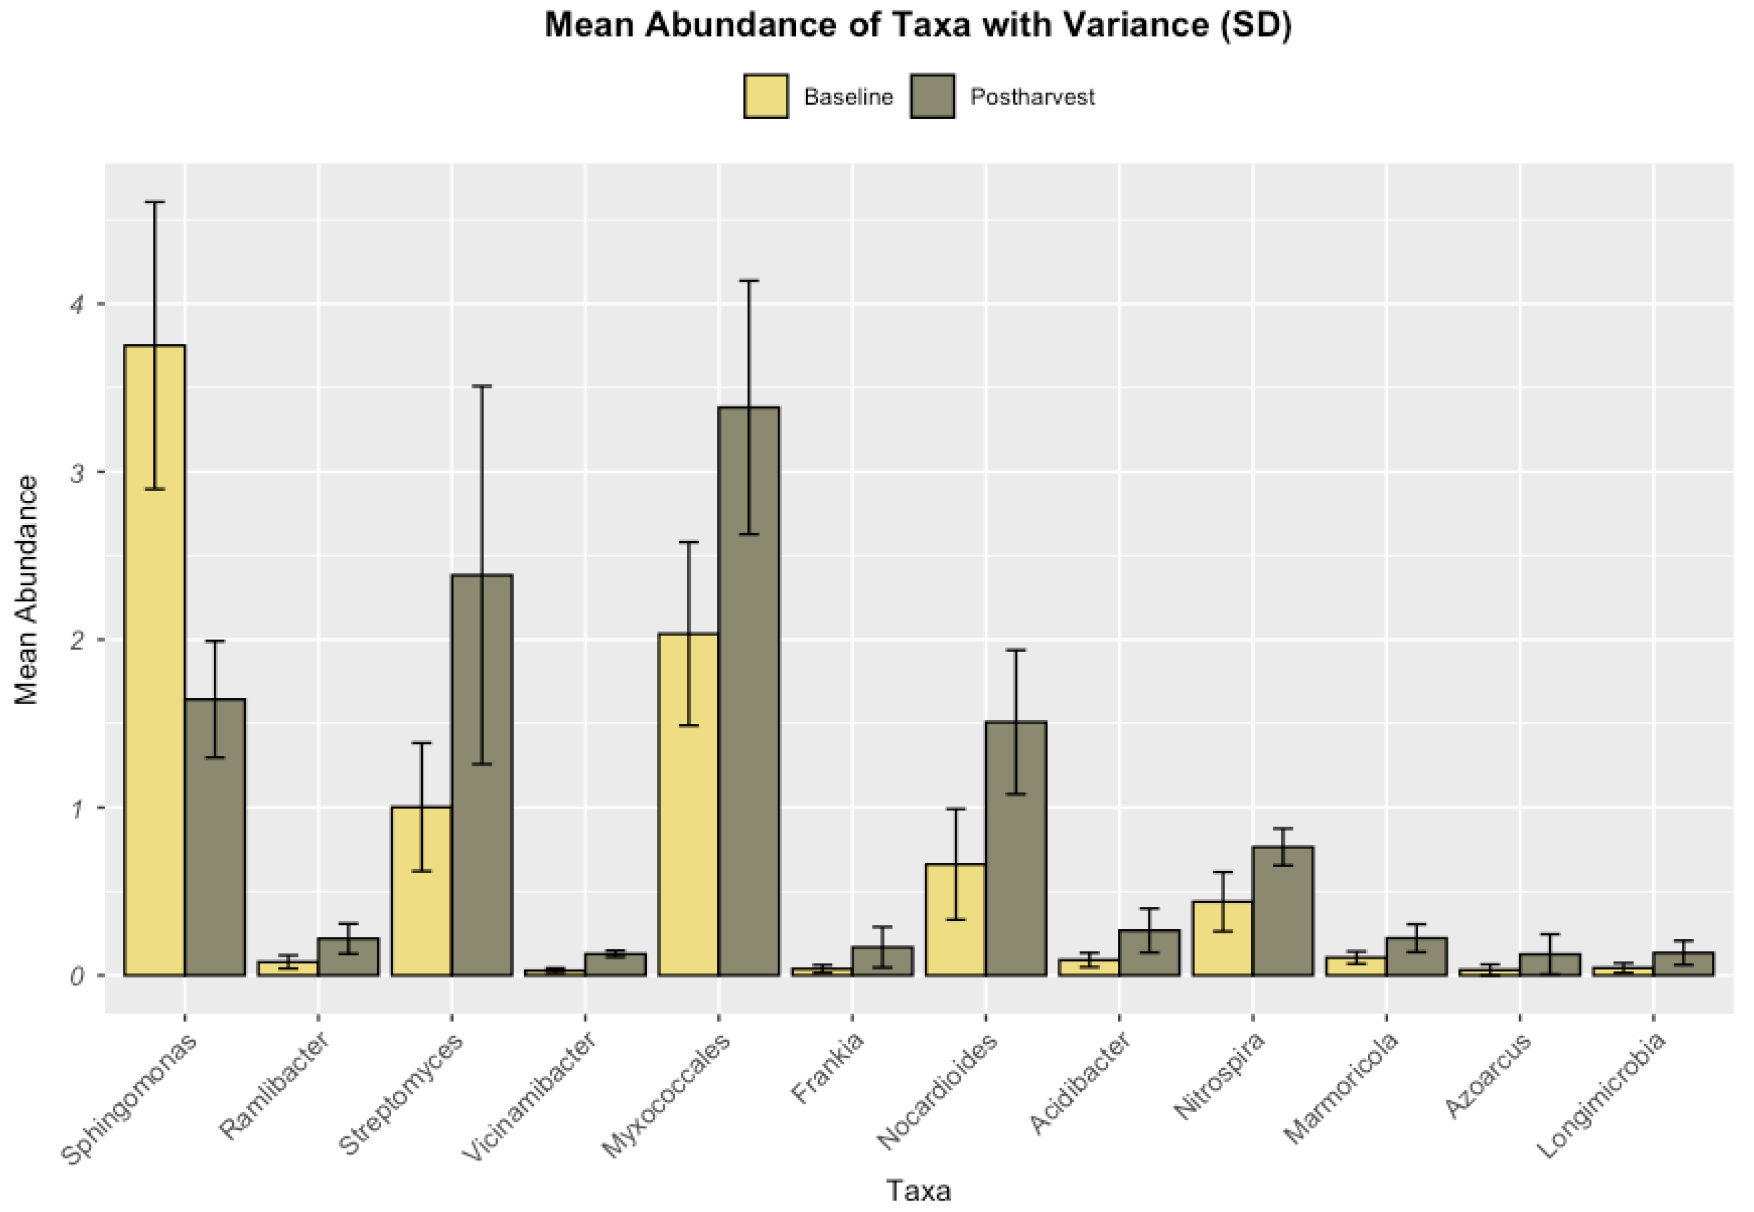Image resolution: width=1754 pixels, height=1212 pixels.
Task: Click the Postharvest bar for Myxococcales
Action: tap(749, 690)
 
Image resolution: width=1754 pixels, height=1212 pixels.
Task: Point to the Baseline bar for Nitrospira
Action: tap(1222, 937)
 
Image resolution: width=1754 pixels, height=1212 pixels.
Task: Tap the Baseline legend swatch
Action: tap(766, 97)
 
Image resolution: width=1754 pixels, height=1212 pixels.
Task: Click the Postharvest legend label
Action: tap(1032, 97)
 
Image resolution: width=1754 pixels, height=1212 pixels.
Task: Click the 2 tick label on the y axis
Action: tap(77, 640)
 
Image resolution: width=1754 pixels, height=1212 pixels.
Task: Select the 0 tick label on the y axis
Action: tap(77, 976)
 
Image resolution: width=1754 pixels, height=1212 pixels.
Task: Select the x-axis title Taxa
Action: tap(918, 1190)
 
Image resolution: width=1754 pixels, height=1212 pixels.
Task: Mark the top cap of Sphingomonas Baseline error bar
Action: tap(155, 202)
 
